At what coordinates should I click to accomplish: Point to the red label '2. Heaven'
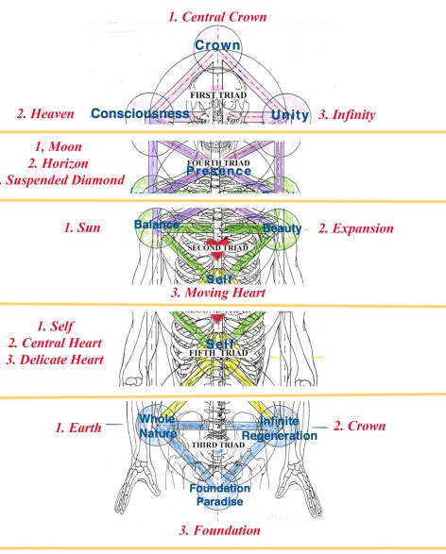(x=47, y=114)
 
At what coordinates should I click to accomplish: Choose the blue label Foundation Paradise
(x=219, y=495)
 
